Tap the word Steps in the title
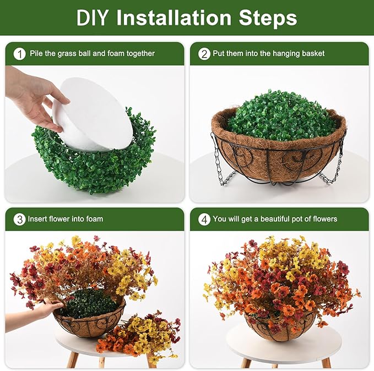pyautogui.click(x=268, y=18)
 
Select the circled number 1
pyautogui.click(x=19, y=54)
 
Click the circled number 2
pyautogui.click(x=204, y=54)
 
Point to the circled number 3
pyautogui.click(x=19, y=219)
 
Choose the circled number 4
pyautogui.click(x=204, y=219)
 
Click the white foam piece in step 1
pyautogui.click(x=93, y=114)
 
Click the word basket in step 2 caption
pyautogui.click(x=313, y=53)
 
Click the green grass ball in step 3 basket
pyautogui.click(x=89, y=303)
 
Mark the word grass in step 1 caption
pyautogui.click(x=66, y=54)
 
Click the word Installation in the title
pyautogui.click(x=174, y=18)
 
